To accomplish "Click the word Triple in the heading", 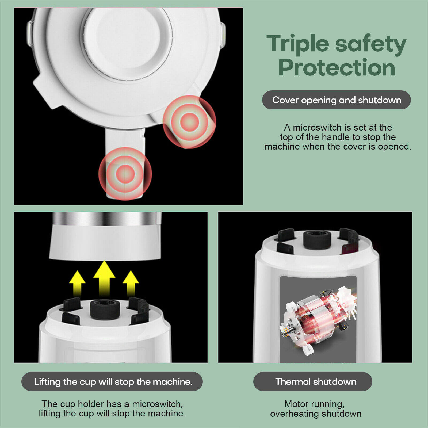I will click(x=297, y=44).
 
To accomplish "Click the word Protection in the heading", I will click(x=337, y=67).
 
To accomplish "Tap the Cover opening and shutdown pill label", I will click(x=336, y=100).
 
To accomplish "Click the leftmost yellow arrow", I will click(x=77, y=282).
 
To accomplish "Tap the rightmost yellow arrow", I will click(x=131, y=282).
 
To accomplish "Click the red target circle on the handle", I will click(x=125, y=174).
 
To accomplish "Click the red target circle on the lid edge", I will click(x=189, y=122).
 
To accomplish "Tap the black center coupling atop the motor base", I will click(x=317, y=240).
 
